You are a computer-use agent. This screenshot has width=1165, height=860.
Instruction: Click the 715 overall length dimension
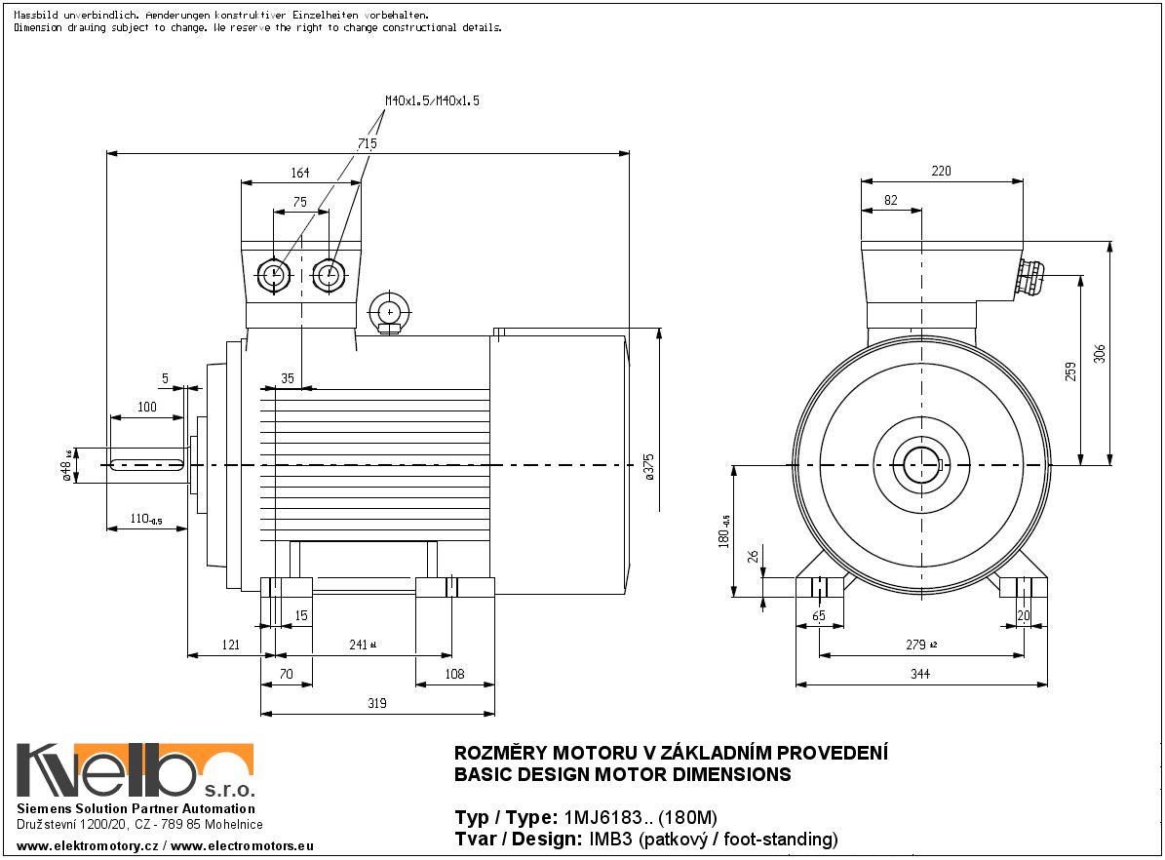tap(367, 143)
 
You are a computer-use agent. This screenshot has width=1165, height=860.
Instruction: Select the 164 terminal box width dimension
tap(299, 173)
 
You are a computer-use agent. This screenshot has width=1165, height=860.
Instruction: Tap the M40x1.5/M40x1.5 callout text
tap(432, 100)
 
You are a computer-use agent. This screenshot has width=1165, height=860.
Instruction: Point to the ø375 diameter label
tap(648, 466)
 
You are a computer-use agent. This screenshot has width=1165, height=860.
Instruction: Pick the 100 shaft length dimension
tap(146, 407)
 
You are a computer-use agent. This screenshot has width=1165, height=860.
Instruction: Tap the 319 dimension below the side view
tap(376, 703)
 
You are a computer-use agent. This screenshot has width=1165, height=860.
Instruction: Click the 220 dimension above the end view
tap(941, 172)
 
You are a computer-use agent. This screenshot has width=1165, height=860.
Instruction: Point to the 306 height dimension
tap(1100, 353)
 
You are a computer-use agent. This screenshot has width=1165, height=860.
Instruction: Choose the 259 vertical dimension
tap(1070, 371)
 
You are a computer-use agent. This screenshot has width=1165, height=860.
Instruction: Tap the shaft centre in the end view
tap(921, 465)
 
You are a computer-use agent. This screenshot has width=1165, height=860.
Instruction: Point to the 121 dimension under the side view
tap(230, 645)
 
